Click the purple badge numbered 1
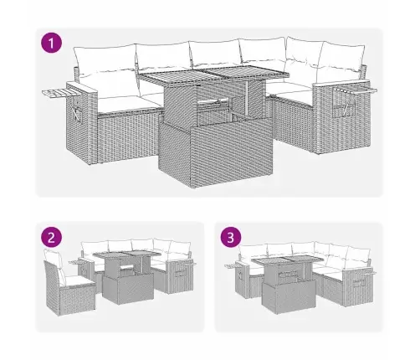[51, 43]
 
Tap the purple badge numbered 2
[51, 238]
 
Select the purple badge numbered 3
[231, 238]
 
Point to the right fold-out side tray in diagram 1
[356, 90]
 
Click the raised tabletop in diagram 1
[214, 74]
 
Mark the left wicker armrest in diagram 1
[81, 123]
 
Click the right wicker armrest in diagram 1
[341, 117]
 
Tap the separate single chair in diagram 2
[69, 283]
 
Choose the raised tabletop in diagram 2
[127, 255]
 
